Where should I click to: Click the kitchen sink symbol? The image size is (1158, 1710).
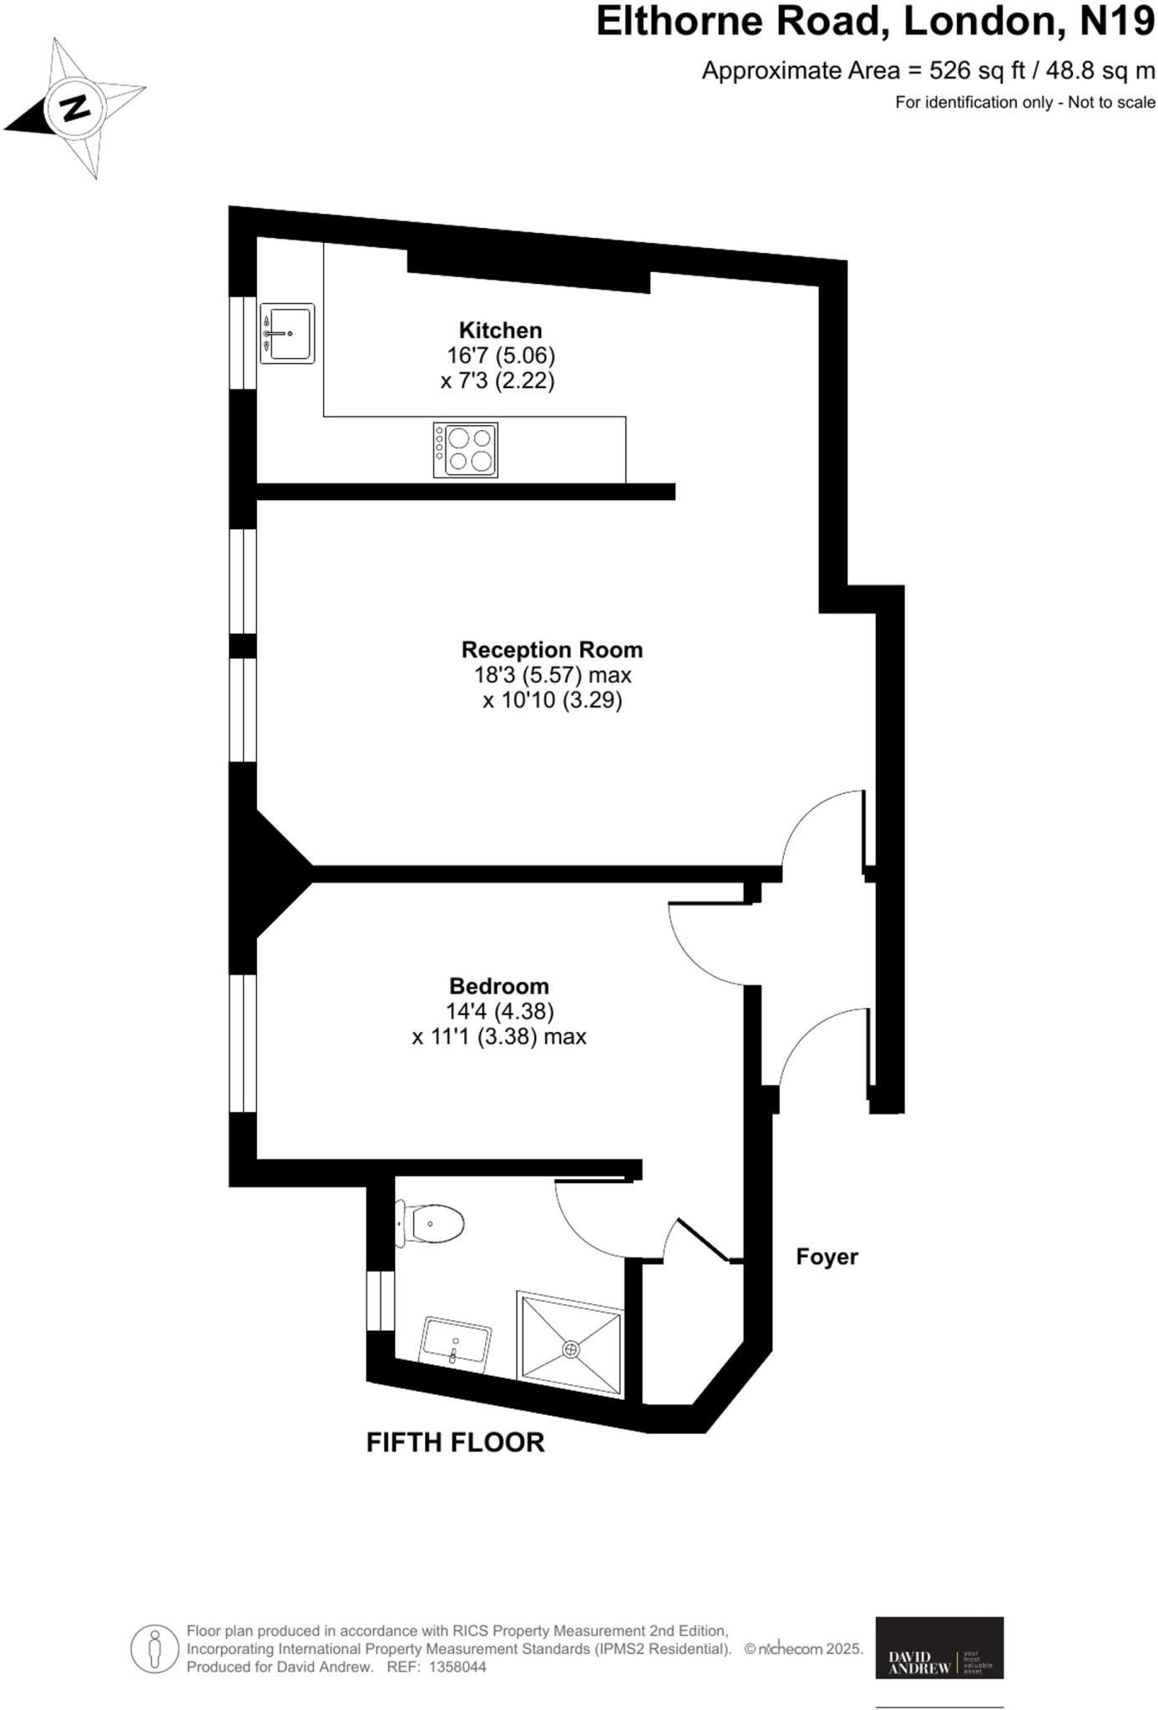[x=287, y=333]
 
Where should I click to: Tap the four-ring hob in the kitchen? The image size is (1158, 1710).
[x=465, y=450]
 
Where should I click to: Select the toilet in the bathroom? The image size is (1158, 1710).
[x=431, y=1224]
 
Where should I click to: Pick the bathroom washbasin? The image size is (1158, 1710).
[x=456, y=1341]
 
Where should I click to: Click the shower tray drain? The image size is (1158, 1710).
[x=571, y=1348]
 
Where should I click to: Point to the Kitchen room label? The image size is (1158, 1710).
[x=500, y=330]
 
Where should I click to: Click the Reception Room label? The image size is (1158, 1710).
[x=552, y=650]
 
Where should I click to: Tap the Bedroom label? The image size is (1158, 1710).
[x=498, y=986]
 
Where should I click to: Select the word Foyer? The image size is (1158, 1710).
[x=827, y=1257]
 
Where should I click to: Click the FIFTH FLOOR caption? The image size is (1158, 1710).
[x=455, y=1442]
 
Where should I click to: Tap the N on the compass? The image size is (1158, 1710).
[x=76, y=108]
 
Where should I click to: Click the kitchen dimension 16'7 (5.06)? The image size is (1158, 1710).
[x=501, y=356]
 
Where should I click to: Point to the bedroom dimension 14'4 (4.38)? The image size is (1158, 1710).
[x=499, y=1011]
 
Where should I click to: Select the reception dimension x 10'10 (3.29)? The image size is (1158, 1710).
[x=552, y=700]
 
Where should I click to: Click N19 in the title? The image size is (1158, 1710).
[x=1116, y=22]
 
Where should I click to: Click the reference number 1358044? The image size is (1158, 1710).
[x=457, y=1667]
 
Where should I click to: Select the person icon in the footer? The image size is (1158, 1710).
[x=154, y=1649]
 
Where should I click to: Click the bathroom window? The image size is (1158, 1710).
[x=381, y=1301]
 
